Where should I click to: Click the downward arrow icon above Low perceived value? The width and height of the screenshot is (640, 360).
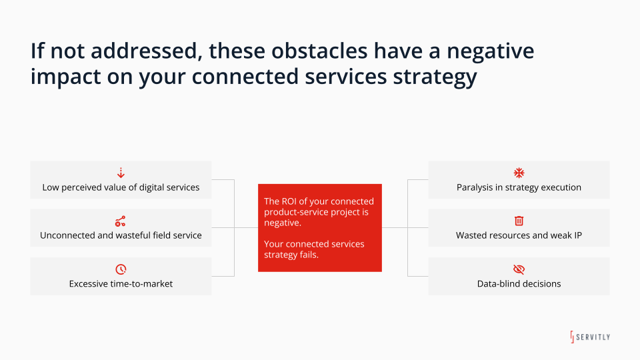click(x=121, y=173)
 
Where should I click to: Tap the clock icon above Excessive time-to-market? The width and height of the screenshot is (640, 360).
click(x=121, y=269)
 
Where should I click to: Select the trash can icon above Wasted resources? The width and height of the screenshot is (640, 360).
click(x=519, y=221)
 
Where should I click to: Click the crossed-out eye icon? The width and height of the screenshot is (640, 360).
click(x=519, y=269)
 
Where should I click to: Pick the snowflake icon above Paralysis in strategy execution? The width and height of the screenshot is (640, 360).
click(x=519, y=173)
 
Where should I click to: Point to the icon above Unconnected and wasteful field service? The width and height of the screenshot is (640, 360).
click(x=121, y=221)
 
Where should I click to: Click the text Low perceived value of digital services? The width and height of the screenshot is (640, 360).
click(x=121, y=187)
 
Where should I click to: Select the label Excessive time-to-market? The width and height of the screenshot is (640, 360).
click(x=121, y=284)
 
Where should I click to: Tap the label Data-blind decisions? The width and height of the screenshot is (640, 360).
click(x=519, y=284)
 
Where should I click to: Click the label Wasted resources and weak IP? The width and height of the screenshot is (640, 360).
click(x=519, y=235)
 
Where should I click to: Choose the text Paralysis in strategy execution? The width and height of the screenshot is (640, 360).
click(x=519, y=187)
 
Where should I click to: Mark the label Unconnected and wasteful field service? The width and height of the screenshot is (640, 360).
click(x=121, y=235)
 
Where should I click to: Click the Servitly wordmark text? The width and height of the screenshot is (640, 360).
click(x=593, y=337)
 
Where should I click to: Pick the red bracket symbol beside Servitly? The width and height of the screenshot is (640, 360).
click(x=572, y=337)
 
